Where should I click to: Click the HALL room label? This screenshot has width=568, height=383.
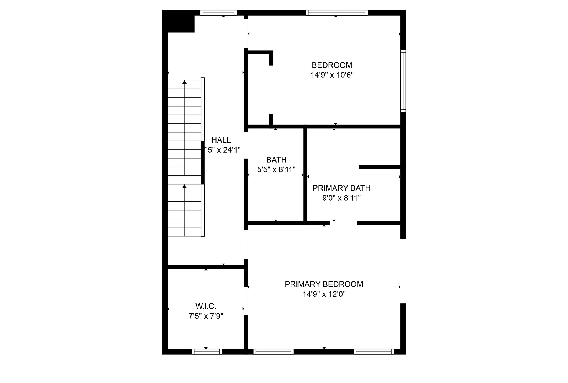221,140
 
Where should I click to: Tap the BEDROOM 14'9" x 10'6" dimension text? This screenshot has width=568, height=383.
332,75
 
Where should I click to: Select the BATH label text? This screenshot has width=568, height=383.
276,160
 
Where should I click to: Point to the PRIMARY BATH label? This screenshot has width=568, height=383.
341,188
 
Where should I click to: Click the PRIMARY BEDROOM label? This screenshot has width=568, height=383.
324,284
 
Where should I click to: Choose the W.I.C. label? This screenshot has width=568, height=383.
206,306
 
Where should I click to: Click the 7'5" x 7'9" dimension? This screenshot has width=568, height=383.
206,316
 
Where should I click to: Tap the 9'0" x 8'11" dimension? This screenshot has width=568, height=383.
341,198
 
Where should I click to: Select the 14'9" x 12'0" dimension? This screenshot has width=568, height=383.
324,294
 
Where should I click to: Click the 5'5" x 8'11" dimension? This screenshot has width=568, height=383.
276,170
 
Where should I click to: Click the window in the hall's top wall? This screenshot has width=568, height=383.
218,13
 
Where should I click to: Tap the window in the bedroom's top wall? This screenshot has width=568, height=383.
336,13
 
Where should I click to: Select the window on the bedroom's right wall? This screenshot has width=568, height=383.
403,81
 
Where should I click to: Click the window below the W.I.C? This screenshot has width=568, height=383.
207,352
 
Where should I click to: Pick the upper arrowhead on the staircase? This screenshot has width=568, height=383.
184,82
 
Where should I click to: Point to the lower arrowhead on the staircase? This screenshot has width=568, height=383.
184,186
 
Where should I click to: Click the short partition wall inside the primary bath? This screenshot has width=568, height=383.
380,167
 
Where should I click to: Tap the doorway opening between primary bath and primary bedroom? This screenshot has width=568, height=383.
343,223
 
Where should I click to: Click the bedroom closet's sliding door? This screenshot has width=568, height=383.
271,90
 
